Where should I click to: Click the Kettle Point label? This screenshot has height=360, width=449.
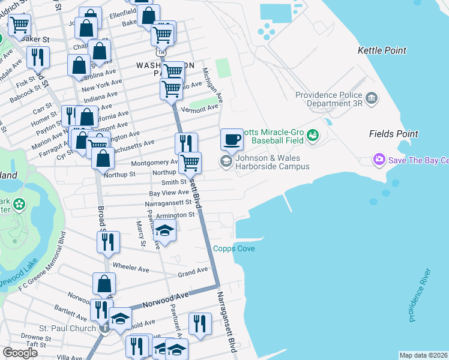click(x=382, y=51)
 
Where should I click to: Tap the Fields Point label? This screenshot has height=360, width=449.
click(x=393, y=134)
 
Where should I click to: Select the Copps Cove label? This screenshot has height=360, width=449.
click(x=234, y=248)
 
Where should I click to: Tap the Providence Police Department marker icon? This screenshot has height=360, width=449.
click(x=371, y=97)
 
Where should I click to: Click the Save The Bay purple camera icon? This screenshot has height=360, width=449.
click(x=379, y=160)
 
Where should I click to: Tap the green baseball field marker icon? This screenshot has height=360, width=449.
click(x=313, y=136)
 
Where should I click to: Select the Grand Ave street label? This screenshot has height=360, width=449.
click(x=192, y=273)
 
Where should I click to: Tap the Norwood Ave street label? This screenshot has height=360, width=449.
click(x=166, y=299)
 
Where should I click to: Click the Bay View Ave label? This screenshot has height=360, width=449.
click(x=169, y=193)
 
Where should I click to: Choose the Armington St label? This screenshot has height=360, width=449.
click(x=175, y=215)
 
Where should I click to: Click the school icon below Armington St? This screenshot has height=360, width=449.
click(x=164, y=229)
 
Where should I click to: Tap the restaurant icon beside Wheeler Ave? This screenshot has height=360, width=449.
click(x=108, y=241)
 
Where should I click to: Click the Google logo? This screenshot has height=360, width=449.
click(x=20, y=353)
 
